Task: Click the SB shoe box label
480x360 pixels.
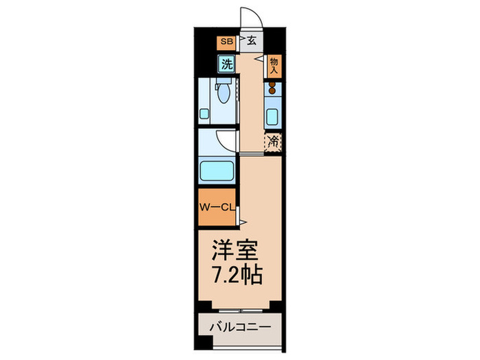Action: [x=226, y=42]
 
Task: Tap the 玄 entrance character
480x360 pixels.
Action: [x=252, y=41]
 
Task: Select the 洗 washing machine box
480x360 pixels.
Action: [x=226, y=64]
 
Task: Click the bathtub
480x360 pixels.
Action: [x=218, y=169]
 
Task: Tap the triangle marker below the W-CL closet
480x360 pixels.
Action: [x=243, y=221]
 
